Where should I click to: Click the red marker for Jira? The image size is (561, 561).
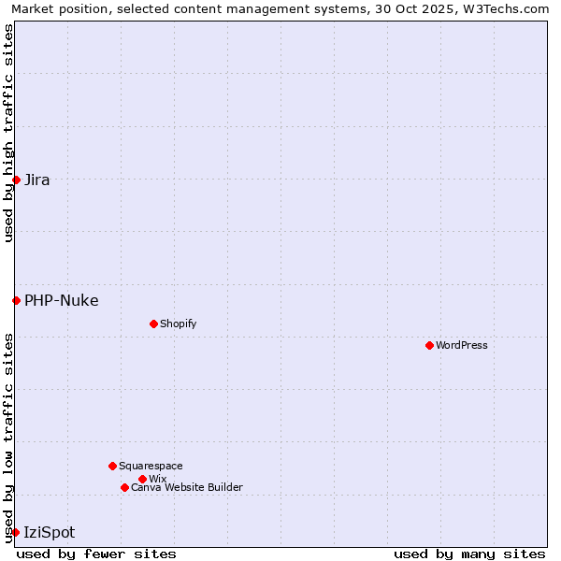tap(16, 180)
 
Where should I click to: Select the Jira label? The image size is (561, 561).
tap(37, 180)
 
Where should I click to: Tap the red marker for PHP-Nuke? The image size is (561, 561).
tap(16, 300)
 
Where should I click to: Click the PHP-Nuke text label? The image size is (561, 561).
tap(62, 301)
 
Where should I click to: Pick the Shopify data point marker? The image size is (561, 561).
tap(153, 324)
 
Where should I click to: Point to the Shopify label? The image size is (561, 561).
tap(178, 324)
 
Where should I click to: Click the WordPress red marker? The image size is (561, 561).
tap(429, 345)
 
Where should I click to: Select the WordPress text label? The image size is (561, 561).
tap(462, 346)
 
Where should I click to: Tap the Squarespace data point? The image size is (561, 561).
tap(112, 466)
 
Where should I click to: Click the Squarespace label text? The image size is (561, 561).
tap(151, 467)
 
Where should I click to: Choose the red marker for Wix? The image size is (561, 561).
tap(142, 479)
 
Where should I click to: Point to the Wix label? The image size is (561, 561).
tap(157, 480)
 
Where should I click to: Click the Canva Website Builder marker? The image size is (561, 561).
tap(124, 487)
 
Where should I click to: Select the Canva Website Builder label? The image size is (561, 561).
tap(187, 488)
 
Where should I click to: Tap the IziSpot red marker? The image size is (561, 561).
tap(15, 532)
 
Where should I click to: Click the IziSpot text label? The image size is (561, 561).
tap(50, 533)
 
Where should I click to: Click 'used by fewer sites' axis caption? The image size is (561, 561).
tap(96, 554)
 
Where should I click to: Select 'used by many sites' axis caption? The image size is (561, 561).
tap(469, 554)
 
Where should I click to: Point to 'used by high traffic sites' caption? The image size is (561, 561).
tap(8, 133)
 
